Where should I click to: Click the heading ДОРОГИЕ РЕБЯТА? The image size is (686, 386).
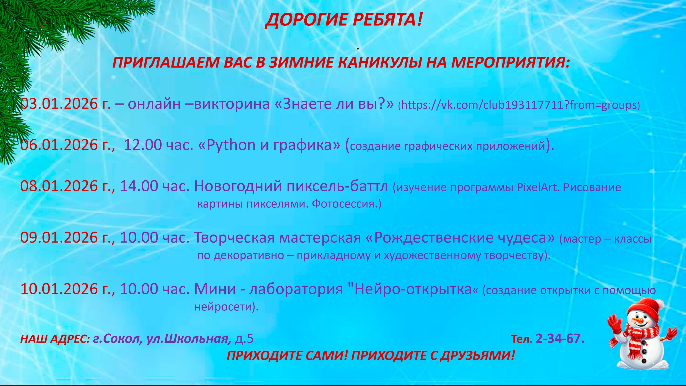(344, 20)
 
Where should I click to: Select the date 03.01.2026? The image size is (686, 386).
(59, 104)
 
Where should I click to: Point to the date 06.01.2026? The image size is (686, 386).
(59, 145)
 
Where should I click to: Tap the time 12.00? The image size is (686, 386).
(143, 145)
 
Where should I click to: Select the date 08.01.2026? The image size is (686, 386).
(59, 186)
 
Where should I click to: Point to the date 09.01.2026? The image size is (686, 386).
(59, 237)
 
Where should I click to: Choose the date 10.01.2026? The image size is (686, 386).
(59, 289)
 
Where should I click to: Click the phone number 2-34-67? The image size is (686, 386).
(559, 339)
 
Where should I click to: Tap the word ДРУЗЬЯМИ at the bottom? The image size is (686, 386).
(478, 356)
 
